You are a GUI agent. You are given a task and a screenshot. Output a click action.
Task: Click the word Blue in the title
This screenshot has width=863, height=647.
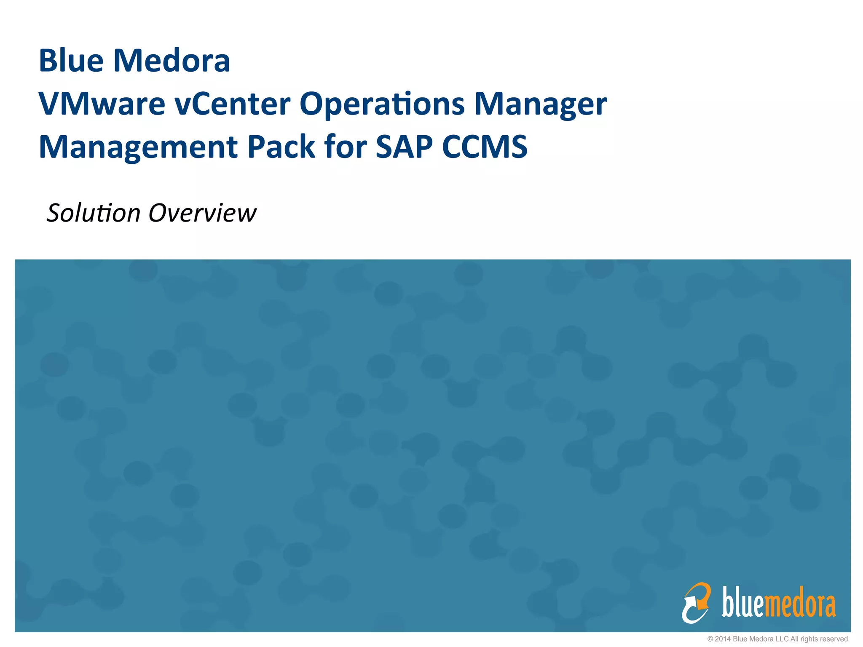point(71,61)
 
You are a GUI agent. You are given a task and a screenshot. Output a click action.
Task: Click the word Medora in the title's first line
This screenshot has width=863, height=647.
point(172,61)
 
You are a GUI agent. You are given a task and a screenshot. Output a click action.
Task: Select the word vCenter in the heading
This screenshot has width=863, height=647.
point(233,104)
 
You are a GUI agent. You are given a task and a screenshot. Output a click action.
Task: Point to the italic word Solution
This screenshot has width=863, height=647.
point(93,213)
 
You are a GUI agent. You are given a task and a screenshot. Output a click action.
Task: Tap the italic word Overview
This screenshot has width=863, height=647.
point(202,213)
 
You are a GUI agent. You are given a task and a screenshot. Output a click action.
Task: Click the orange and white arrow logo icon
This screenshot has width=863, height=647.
point(696,602)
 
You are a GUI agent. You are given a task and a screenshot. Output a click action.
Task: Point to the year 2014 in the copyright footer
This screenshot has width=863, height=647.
point(723,639)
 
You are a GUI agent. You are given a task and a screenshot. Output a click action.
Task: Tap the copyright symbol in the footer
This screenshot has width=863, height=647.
point(710,639)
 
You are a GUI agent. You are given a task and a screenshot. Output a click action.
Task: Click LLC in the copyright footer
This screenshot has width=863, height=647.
point(783,639)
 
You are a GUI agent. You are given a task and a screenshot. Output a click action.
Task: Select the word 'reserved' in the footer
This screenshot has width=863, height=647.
point(833,639)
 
